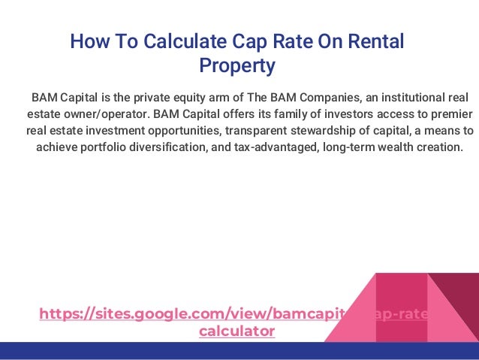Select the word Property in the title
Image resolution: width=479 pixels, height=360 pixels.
tap(236, 66)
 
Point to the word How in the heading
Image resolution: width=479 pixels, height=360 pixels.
tap(86, 41)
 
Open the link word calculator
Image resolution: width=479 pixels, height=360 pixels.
tap(236, 330)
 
